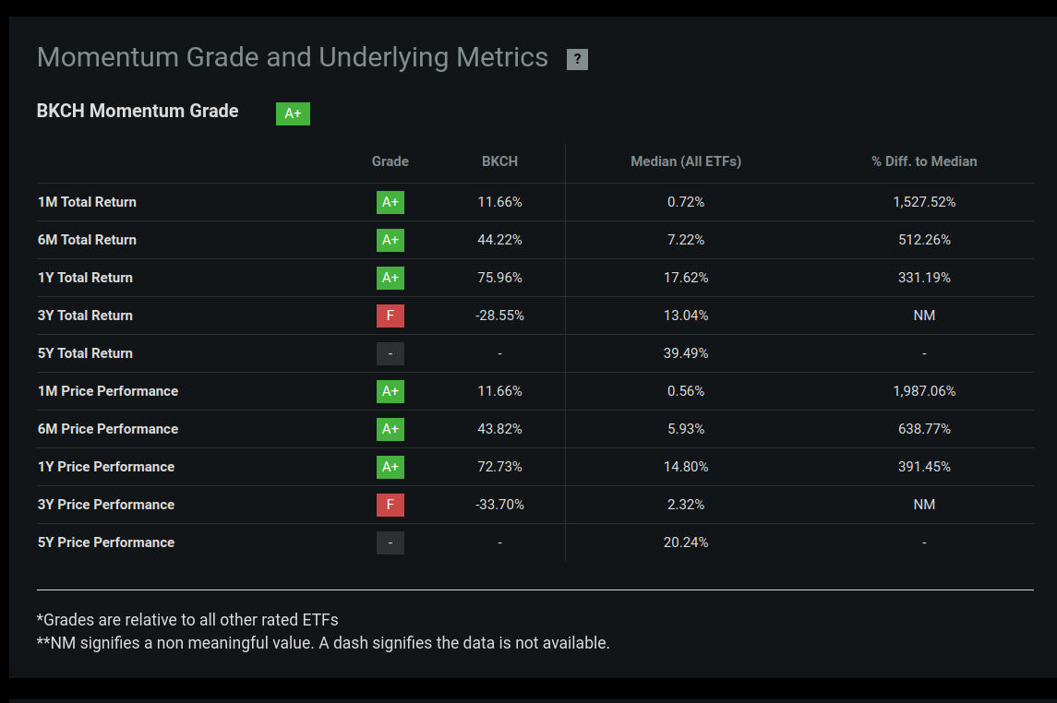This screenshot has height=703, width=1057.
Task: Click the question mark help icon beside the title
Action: point(577,59)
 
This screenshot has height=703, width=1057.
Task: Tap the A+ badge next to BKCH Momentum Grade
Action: point(293,113)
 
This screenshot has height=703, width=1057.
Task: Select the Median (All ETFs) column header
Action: point(685,161)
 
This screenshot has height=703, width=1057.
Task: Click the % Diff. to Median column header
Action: point(923,161)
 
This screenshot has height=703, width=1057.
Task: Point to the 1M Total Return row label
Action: point(87,202)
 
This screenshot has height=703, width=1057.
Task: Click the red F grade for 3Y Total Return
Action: point(390,316)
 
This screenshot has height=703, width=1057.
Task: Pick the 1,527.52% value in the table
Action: point(923,202)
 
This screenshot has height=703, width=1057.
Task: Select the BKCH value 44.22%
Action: point(499,240)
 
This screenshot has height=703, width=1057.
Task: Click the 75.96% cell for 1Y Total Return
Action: point(499,278)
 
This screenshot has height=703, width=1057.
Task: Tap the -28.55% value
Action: point(499,316)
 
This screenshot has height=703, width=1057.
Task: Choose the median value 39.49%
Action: point(685,353)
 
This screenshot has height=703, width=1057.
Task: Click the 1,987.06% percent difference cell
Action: point(923,391)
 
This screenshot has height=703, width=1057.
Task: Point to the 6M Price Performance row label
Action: point(107,429)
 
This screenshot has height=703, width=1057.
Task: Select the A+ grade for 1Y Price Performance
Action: point(390,467)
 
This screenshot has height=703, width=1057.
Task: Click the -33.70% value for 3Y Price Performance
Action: point(499,505)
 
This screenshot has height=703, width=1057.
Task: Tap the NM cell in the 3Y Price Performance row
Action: point(923,505)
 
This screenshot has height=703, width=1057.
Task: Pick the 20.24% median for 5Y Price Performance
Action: point(685,542)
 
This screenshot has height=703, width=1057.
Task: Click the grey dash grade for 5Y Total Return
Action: point(390,353)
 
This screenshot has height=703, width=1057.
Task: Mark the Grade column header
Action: point(390,161)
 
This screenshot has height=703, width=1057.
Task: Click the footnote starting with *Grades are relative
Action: point(187,620)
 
